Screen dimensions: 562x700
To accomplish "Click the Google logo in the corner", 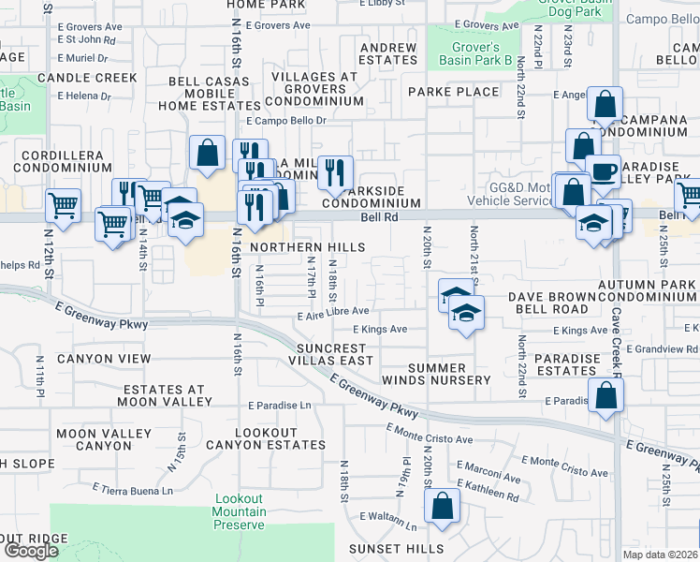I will (x=30, y=551).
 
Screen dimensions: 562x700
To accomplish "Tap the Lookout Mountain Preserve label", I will (x=240, y=511).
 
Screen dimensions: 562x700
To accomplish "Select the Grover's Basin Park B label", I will (x=470, y=54).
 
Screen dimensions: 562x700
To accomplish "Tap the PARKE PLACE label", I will (x=454, y=92).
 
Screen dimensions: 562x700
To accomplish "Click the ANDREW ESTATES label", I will (x=388, y=53).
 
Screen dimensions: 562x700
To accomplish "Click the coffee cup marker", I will (x=604, y=171).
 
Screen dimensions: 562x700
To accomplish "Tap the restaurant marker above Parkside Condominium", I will (x=334, y=171).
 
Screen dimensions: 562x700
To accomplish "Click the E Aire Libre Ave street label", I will (x=333, y=312).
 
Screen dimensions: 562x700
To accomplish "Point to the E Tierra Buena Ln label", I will (x=133, y=489).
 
